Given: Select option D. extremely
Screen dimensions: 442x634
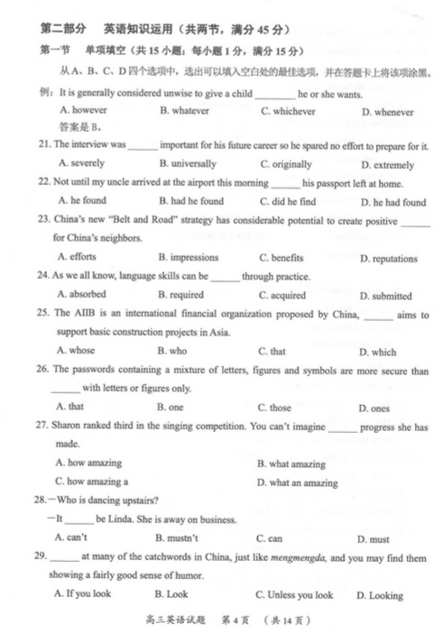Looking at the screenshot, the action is [386, 165].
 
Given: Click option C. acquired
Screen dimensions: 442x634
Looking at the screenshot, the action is [283, 296].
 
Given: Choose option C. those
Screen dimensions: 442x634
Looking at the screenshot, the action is [274, 408].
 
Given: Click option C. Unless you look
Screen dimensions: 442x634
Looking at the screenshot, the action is [294, 595].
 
